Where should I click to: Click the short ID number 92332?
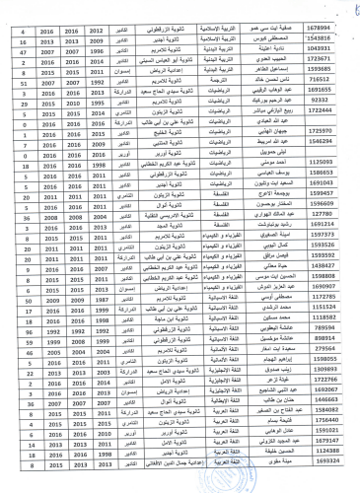click(326, 101)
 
